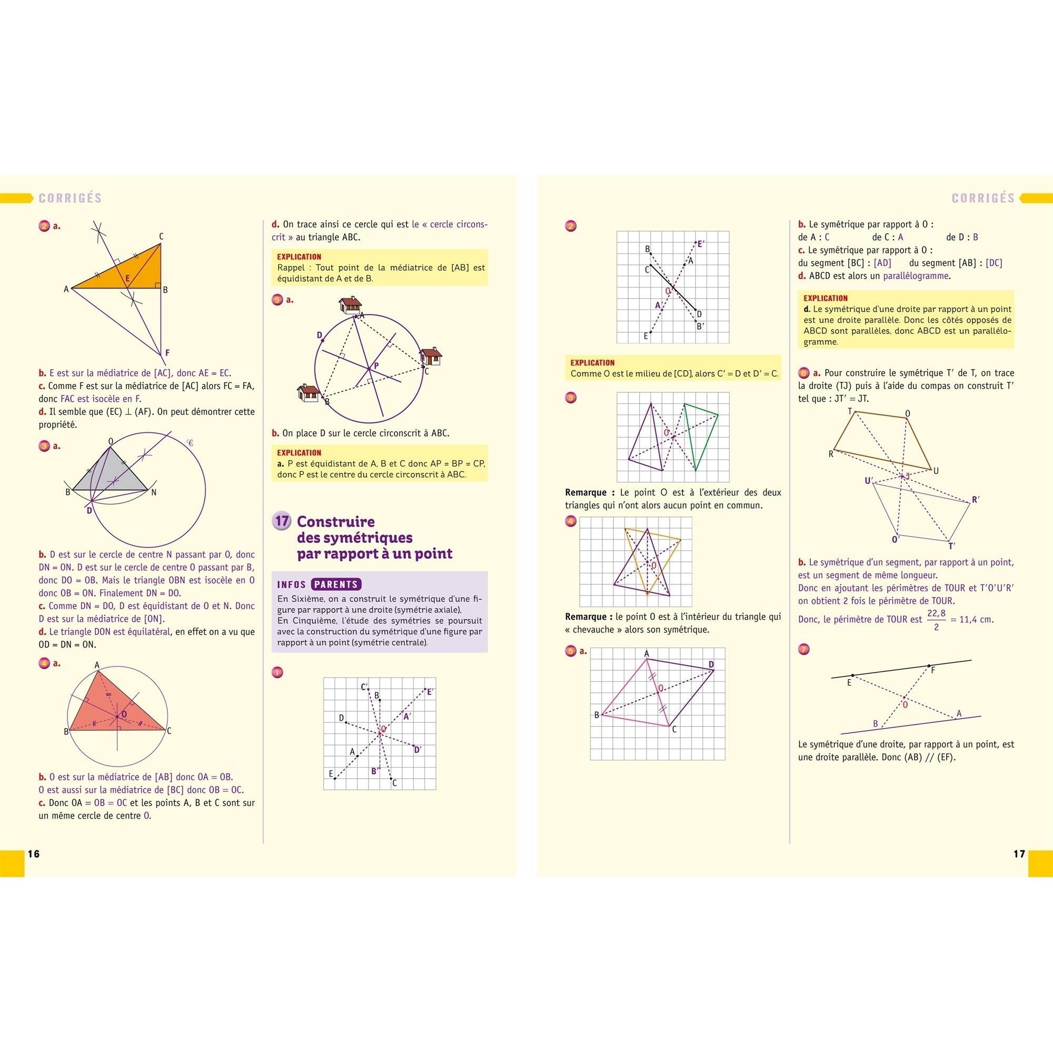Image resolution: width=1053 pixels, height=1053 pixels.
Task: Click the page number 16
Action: (x=34, y=854)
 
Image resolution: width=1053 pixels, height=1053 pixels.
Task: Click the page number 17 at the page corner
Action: (x=1019, y=854)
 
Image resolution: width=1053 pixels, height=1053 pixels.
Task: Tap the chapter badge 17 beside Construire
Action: (x=282, y=521)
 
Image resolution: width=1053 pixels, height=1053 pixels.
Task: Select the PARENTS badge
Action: (x=336, y=584)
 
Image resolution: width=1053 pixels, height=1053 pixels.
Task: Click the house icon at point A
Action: (x=350, y=305)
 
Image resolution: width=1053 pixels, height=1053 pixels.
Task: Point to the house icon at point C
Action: (x=431, y=356)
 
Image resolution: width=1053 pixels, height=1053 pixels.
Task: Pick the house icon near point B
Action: (x=307, y=393)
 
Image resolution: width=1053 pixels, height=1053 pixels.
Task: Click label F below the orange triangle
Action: (x=167, y=353)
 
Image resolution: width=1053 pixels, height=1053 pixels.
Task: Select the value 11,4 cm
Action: (x=975, y=620)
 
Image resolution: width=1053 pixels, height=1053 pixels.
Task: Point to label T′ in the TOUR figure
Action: (x=951, y=546)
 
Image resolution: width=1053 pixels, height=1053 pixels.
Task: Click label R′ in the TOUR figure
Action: (x=976, y=499)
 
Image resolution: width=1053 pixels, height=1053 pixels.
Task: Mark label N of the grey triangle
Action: (x=154, y=492)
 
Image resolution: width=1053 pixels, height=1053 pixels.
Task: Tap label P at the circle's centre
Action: (x=376, y=366)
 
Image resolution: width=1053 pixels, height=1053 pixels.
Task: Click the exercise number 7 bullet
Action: (x=803, y=649)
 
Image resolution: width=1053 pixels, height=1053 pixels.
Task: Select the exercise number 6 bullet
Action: (x=803, y=373)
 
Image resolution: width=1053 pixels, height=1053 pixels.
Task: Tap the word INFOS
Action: (x=292, y=585)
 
